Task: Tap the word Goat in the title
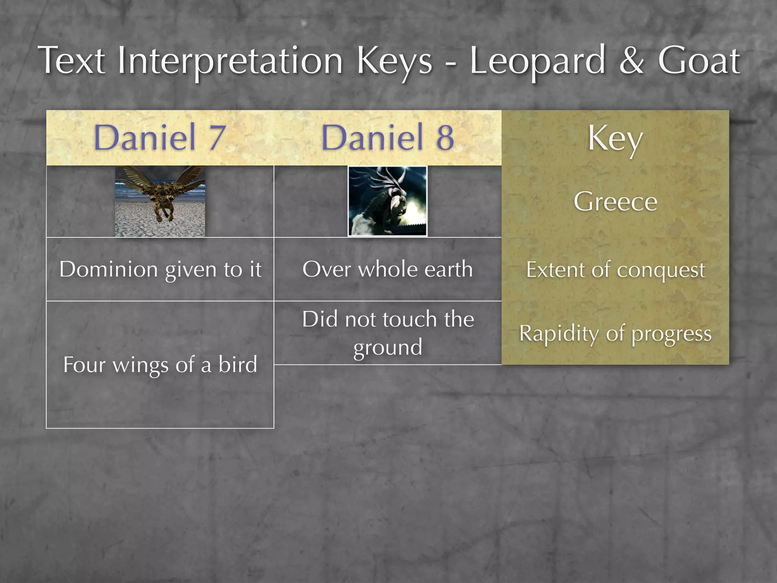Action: pos(698,61)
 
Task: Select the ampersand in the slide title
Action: pos(631,61)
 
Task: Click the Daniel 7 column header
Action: pos(160,137)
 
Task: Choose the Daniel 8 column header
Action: pos(387,137)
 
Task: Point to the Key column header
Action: pos(615,139)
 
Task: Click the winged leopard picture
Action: pos(160,201)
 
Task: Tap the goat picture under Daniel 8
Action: pos(387,201)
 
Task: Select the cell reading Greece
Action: pos(615,201)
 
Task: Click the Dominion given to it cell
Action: pos(160,269)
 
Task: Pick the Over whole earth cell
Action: pos(387,269)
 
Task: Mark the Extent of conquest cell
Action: pos(615,270)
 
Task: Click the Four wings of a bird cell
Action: pos(160,365)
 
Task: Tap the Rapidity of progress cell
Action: pos(615,334)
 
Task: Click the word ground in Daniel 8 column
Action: pos(387,348)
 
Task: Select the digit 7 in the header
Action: pos(217,137)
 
